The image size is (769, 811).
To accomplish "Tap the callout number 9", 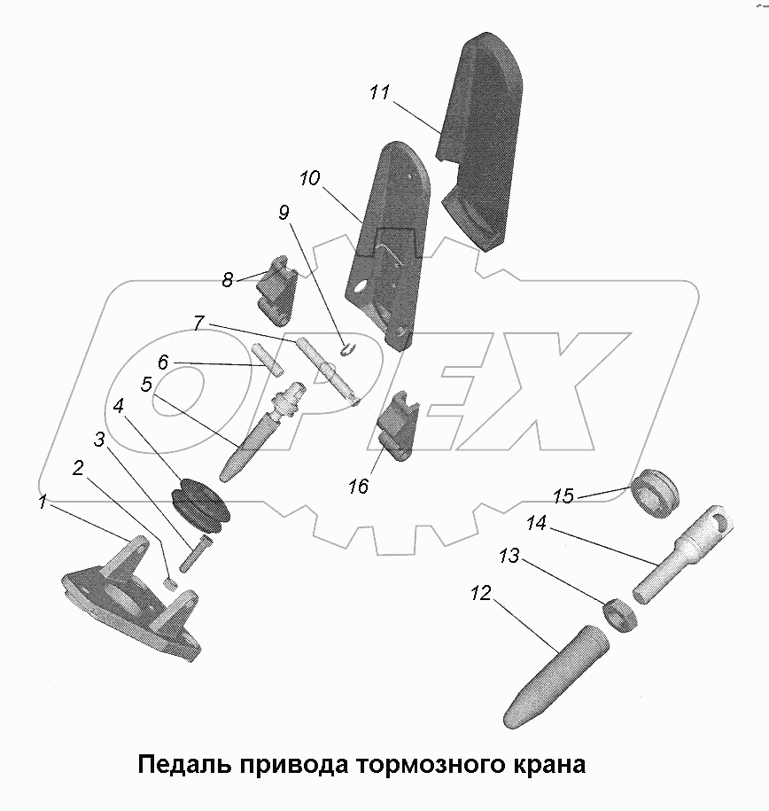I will pos(284,213).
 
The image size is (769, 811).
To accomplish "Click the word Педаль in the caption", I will pos(182,764).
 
